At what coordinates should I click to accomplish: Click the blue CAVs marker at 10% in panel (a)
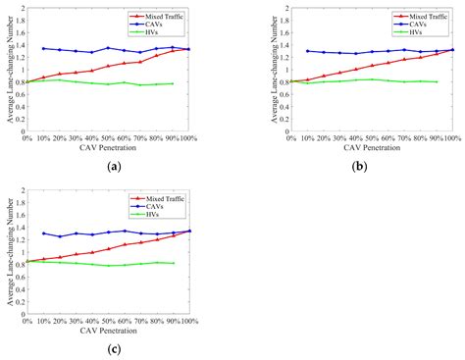[x=43, y=48]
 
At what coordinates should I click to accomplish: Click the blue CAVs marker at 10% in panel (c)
[x=43, y=233]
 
